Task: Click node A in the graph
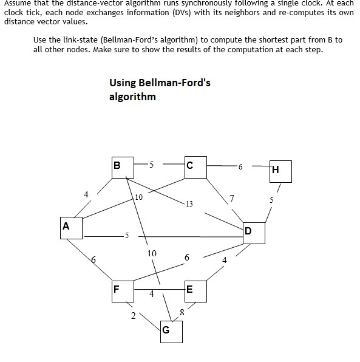[x=72, y=230]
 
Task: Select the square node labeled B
[x=123, y=169]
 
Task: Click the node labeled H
[x=281, y=171]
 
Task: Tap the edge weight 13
[x=189, y=203]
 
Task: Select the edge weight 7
[x=232, y=197]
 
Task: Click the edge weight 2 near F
[x=133, y=315]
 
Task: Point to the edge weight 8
[x=182, y=312]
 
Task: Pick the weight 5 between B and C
[x=151, y=164]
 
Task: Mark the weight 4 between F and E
[x=152, y=294]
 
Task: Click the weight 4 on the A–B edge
[x=86, y=194]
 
